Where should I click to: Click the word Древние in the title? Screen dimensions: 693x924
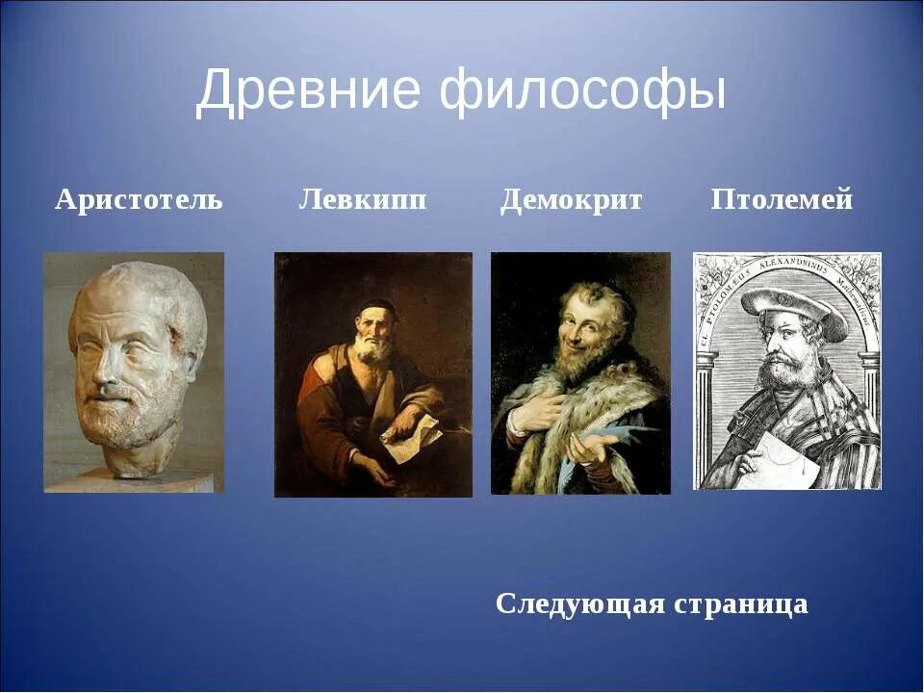(x=308, y=92)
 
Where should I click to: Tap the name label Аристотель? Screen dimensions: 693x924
(x=139, y=200)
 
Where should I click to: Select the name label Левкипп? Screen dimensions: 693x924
(x=363, y=200)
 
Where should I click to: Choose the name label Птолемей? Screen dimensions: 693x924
(x=782, y=200)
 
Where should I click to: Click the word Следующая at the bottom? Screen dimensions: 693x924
(x=579, y=604)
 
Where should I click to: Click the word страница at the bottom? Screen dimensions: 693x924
(x=741, y=604)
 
